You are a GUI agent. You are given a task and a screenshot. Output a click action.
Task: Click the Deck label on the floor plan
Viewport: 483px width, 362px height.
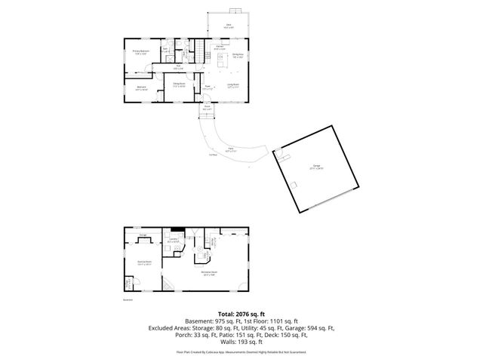point(229,26)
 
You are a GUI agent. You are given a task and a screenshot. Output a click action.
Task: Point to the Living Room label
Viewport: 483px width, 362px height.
point(234,85)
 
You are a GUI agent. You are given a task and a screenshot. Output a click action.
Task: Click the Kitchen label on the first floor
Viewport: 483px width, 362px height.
point(220,48)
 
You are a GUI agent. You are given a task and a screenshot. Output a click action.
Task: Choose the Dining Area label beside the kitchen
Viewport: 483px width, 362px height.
point(238,55)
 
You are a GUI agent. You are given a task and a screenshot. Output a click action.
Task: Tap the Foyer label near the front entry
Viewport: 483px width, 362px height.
point(208,87)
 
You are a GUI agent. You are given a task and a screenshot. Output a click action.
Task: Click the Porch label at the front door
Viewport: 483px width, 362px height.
point(206,107)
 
